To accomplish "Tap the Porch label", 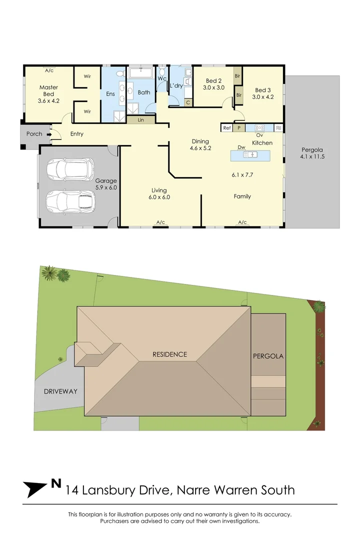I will tap(34, 134).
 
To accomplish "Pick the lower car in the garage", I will tap(70, 201).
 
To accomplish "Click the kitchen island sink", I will tap(249, 155).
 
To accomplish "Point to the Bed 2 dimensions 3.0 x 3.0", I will tap(214, 87).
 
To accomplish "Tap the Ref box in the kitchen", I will tap(227, 128).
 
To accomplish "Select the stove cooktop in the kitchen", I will tap(260, 127).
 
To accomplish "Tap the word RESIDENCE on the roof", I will tap(169, 354).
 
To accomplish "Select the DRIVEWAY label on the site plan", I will tap(60, 391).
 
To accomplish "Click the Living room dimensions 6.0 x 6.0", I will tap(159, 197).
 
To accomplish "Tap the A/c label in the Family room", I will tap(242, 222).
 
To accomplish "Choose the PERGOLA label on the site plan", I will tap(268, 356).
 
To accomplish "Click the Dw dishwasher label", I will tap(241, 147).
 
